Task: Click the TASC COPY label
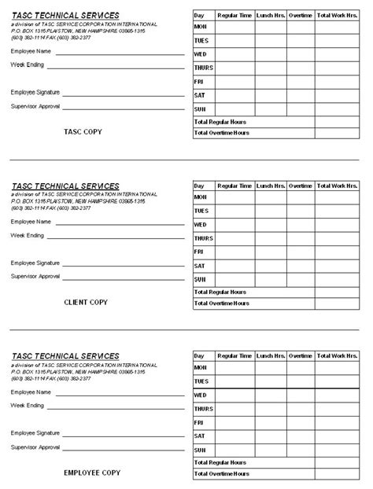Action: coord(83,132)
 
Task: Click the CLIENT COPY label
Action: coord(86,303)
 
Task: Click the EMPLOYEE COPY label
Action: coord(92,473)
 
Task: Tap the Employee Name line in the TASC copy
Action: coord(118,54)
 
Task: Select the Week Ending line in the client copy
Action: coord(118,238)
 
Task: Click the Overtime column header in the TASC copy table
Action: coord(301,15)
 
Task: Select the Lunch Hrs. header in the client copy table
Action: coord(271,186)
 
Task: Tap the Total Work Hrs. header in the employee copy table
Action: coord(337,356)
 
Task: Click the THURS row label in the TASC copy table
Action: coord(203,68)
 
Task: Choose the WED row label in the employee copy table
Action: coord(201,395)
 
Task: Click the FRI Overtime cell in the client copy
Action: coord(301,252)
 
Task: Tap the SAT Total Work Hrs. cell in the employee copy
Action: coord(337,436)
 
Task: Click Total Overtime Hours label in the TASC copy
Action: coord(221,134)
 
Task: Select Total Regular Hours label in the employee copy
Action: coord(220,462)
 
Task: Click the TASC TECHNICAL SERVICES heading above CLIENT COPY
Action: coord(65,186)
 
